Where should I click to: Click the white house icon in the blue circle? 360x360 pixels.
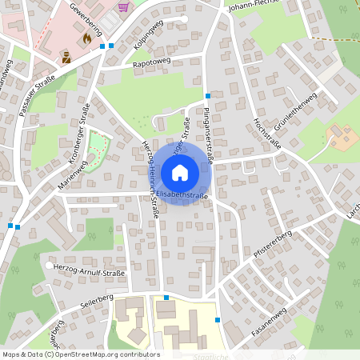point(179,172)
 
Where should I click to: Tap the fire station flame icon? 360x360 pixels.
point(86,38)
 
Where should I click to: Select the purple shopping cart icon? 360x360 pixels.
point(122,7)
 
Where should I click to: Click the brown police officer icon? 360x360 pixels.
point(67,57)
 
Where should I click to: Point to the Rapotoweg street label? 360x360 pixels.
point(153,62)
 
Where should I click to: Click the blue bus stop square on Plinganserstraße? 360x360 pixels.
point(207,95)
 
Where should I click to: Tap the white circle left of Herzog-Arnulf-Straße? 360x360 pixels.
point(50,266)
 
